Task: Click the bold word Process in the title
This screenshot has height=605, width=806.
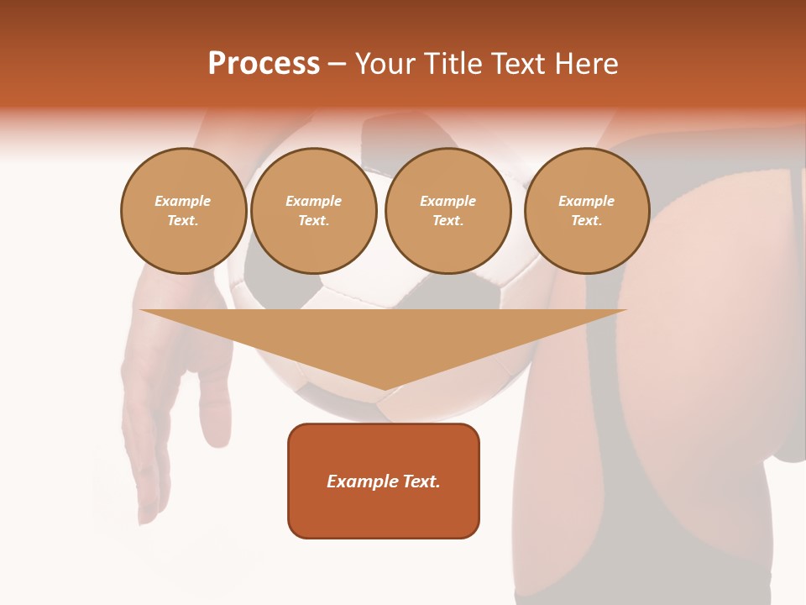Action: (x=264, y=64)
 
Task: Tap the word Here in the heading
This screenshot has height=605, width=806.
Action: (x=585, y=64)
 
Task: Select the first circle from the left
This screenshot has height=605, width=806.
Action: (x=183, y=210)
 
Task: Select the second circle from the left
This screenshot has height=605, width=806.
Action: (x=314, y=210)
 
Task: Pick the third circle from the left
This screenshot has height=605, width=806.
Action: (x=447, y=210)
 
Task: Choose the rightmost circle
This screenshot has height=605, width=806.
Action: (x=587, y=210)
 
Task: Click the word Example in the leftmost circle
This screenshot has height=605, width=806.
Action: (x=183, y=201)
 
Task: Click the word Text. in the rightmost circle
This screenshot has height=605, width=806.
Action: (x=587, y=220)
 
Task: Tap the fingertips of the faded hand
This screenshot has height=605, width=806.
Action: (x=149, y=504)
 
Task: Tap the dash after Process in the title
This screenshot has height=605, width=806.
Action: (x=337, y=64)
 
